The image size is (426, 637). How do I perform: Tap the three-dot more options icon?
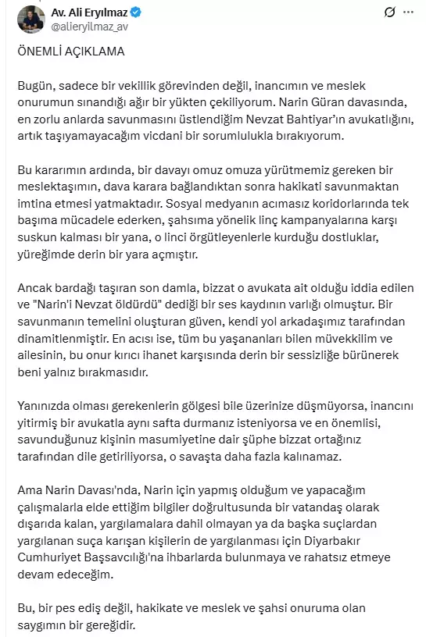click(x=410, y=12)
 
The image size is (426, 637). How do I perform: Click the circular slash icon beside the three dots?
click(x=390, y=12)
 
